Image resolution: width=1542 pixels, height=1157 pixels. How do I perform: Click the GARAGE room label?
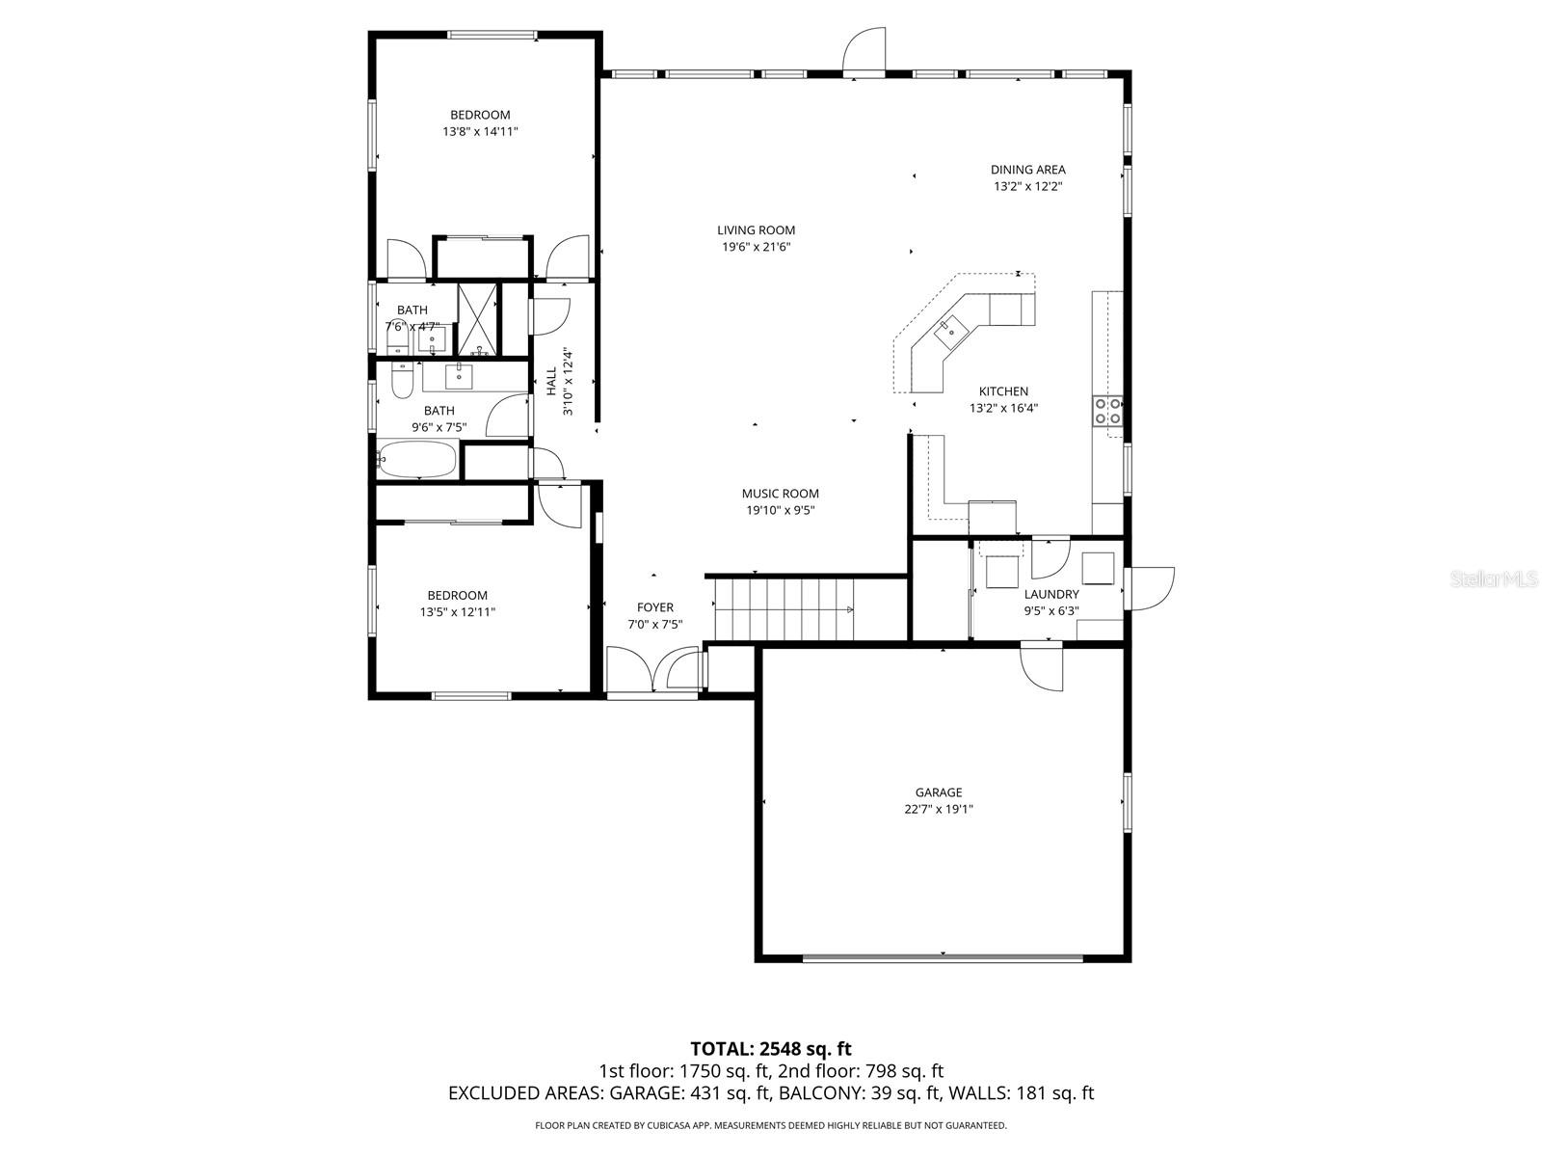[938, 793]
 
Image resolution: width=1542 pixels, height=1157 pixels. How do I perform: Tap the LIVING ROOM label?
[756, 230]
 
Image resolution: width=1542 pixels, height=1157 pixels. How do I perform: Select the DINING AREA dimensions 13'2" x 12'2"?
[1027, 187]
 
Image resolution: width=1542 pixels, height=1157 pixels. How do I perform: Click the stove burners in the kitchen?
[1106, 412]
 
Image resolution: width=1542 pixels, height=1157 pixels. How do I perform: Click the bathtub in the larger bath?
[417, 460]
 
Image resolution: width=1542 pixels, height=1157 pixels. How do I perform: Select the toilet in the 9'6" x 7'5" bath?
[403, 380]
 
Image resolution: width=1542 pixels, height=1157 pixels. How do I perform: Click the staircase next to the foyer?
[783, 608]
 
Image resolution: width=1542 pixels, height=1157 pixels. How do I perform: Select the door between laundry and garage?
[1043, 667]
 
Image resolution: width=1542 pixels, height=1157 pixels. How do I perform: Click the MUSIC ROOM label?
[780, 494]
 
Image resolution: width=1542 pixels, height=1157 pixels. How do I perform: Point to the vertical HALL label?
[551, 381]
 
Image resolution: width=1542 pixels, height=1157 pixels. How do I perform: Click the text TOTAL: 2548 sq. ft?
[770, 1048]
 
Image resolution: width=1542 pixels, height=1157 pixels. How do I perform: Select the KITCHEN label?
[1003, 391]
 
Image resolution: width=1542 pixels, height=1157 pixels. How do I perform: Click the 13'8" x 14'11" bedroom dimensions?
[480, 132]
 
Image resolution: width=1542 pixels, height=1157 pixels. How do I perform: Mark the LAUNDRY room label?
[1050, 595]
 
